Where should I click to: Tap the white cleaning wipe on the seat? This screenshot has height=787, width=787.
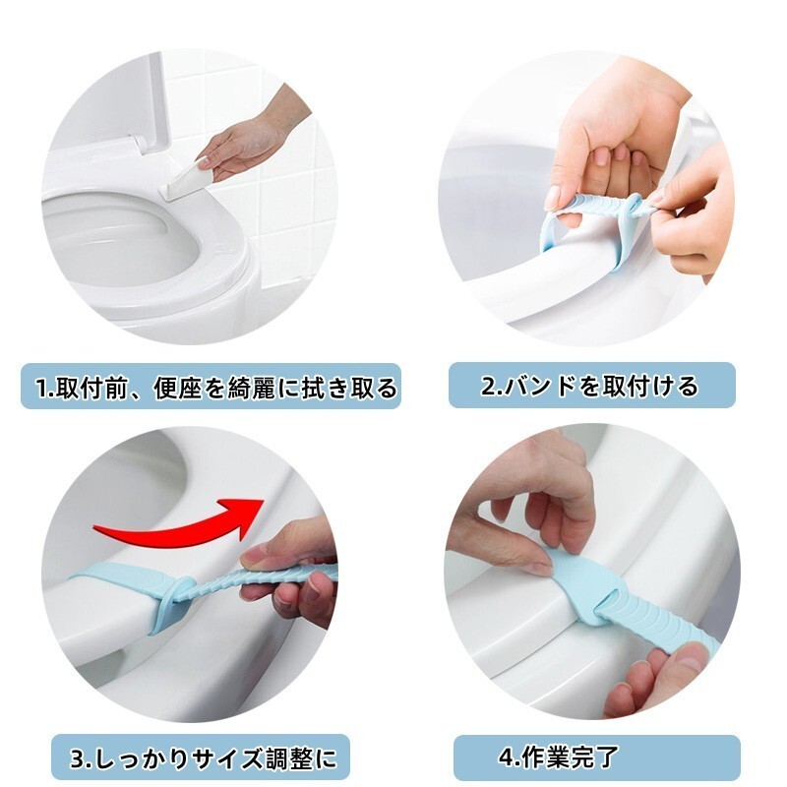click(x=186, y=179)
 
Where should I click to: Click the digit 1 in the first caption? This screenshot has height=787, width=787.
click(x=41, y=389)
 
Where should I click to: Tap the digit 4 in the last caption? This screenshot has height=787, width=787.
click(x=506, y=757)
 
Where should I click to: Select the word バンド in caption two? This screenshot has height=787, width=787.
click(x=539, y=386)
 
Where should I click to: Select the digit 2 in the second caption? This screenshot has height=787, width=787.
click(x=488, y=387)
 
